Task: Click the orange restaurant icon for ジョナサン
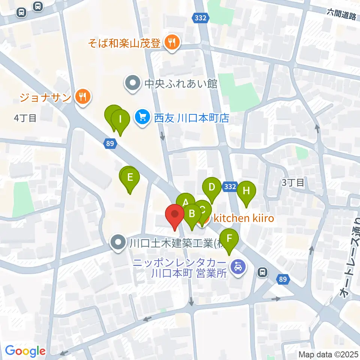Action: click(82, 97)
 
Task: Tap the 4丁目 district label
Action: click(25, 118)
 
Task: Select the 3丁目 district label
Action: click(293, 183)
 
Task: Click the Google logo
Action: click(25, 351)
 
